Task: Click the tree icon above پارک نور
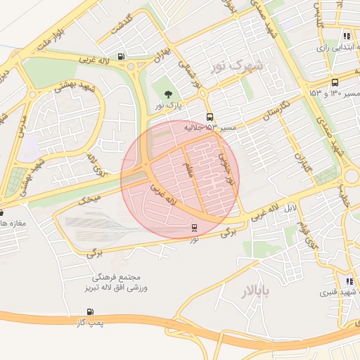(167, 94)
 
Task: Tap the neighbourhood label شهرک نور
(240, 67)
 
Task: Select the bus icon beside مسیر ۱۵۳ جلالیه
(210, 117)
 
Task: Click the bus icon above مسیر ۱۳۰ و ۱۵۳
(335, 82)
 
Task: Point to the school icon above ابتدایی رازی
(346, 36)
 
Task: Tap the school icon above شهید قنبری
(349, 281)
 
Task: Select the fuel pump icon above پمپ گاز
(90, 311)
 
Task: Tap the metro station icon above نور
(194, 228)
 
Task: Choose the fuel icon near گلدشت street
(122, 57)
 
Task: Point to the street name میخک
(89, 200)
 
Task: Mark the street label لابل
(290, 209)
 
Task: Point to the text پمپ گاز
(90, 323)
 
